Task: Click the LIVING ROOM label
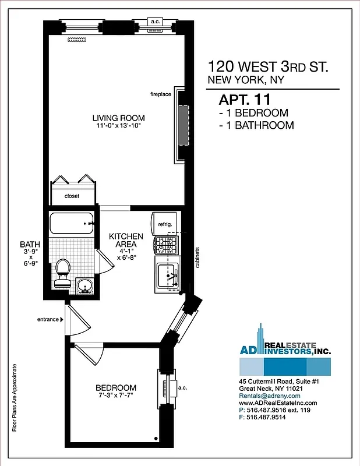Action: click(120, 118)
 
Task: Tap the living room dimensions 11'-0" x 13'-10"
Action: click(120, 126)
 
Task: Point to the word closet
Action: click(72, 196)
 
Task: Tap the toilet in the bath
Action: click(62, 272)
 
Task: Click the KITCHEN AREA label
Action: click(126, 240)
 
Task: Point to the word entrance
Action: click(48, 319)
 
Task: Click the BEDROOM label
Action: click(117, 388)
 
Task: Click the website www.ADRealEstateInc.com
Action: click(278, 403)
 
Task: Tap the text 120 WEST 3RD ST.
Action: click(268, 66)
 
